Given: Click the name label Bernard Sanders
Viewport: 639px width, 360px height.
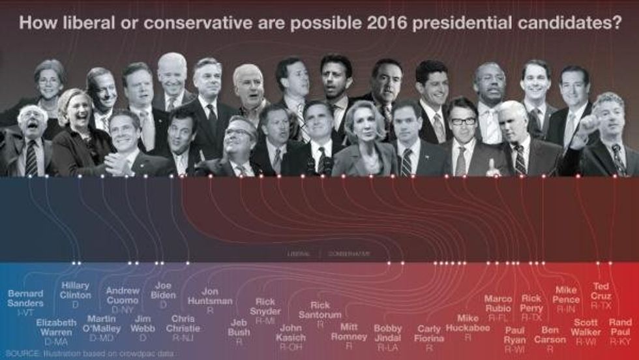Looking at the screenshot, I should tap(25, 299).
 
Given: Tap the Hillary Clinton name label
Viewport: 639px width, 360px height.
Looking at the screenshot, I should tap(75, 290).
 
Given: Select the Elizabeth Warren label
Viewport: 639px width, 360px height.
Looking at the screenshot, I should tap(56, 327).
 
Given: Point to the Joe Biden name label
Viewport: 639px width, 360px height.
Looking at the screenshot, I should tap(163, 290).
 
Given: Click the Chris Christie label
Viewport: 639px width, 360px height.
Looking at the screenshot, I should tap(183, 323).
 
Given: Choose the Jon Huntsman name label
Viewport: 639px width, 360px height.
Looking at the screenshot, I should tap(210, 296).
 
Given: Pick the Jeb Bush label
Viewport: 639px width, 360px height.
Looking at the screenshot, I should tap(239, 327).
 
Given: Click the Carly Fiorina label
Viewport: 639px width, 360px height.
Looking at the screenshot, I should tap(429, 333).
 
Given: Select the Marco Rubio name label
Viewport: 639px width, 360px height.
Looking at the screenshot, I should tap(498, 303).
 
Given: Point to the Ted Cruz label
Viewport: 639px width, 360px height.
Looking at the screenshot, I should tap(601, 291).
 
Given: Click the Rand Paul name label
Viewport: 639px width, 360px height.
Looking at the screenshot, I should tap(620, 327).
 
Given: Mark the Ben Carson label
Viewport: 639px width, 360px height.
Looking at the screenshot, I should tap(550, 335).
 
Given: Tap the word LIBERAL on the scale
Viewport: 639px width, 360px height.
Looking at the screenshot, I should tap(299, 254).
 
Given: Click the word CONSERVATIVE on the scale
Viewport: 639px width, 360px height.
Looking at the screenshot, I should tap(349, 254).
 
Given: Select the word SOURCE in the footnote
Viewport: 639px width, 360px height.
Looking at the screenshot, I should tap(23, 353).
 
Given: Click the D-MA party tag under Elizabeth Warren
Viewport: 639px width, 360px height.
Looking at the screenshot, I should tap(56, 342).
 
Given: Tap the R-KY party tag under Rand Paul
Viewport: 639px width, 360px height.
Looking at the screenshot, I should tap(620, 341).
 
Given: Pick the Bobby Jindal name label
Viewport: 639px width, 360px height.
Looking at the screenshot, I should tap(387, 333).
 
